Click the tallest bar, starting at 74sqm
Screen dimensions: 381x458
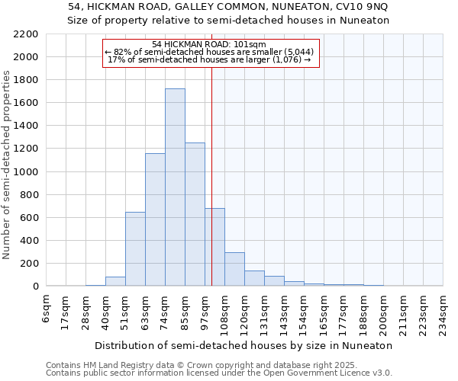pyautogui.click(x=175, y=187)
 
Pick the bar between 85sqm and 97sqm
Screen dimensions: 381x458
pyautogui.click(x=195, y=214)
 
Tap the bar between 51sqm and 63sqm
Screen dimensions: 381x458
pyautogui.click(x=135, y=249)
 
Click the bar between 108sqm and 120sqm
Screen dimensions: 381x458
pyautogui.click(x=234, y=269)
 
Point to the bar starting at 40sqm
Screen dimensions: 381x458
pyautogui.click(x=115, y=281)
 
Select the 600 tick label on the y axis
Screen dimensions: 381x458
pyautogui.click(x=31, y=218)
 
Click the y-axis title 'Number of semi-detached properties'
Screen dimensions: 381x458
pyautogui.click(x=8, y=165)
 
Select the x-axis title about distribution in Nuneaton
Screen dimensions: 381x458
pyautogui.click(x=244, y=345)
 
